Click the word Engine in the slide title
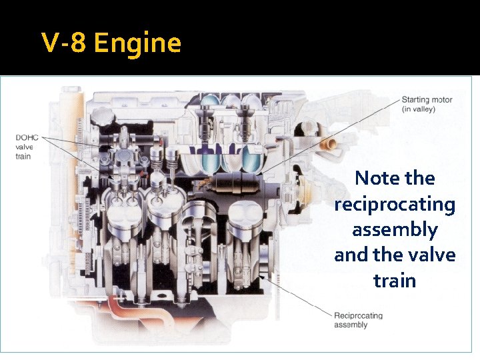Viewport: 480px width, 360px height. click(137, 43)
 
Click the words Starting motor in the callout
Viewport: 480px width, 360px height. click(427, 100)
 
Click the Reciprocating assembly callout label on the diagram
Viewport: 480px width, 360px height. click(358, 320)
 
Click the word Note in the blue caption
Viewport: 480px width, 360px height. click(377, 178)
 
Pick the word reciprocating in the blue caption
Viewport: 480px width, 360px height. click(395, 204)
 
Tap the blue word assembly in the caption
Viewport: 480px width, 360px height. click(395, 229)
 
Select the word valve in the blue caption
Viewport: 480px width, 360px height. click(429, 255)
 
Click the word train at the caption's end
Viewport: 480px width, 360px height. click(395, 280)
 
